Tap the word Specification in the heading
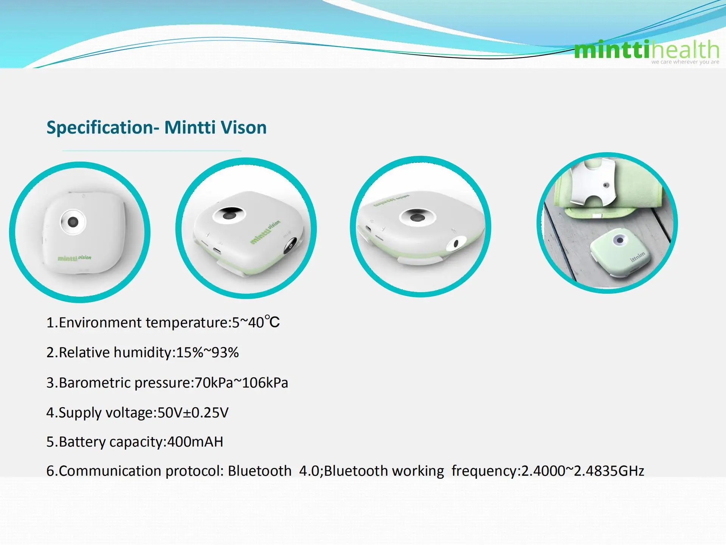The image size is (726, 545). (x=99, y=128)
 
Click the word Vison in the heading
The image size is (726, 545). (x=244, y=128)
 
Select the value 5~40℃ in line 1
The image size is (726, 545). (x=256, y=322)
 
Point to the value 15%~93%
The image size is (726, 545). (x=207, y=352)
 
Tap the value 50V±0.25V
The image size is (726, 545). (x=193, y=413)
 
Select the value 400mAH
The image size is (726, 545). (x=195, y=442)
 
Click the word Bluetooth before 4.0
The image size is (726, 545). (x=259, y=471)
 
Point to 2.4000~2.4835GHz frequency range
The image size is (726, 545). (x=582, y=471)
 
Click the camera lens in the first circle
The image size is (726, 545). (x=73, y=222)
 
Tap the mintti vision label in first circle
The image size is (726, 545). (x=74, y=258)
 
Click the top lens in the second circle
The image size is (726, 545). (x=228, y=215)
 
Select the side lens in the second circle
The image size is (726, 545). (x=290, y=245)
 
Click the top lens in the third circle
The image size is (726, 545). (x=417, y=218)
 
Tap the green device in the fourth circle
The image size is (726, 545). (x=620, y=255)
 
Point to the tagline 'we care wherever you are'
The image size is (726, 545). (x=685, y=62)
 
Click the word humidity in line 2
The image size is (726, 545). (x=143, y=352)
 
